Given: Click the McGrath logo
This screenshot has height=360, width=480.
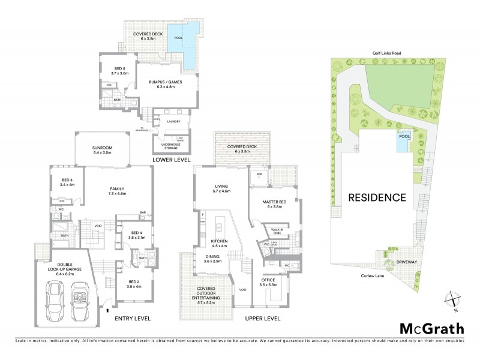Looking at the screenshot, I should point(431,328).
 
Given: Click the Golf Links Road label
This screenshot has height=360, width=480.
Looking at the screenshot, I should point(385,53).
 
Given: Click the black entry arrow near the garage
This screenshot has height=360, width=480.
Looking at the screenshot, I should point(107,310).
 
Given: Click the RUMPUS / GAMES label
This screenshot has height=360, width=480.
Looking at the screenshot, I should point(167,83).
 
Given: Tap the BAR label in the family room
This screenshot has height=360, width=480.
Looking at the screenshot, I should point(143,212).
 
